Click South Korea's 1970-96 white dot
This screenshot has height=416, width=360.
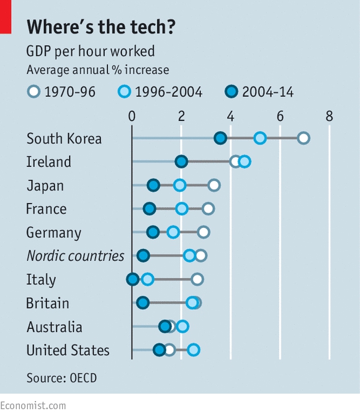(304, 138)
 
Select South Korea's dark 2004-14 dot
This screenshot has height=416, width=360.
(220, 138)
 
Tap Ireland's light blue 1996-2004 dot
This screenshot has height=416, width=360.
(245, 161)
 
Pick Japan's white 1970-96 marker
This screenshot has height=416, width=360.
(214, 185)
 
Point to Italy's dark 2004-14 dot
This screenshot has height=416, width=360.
(132, 279)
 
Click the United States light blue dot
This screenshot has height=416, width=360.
(194, 350)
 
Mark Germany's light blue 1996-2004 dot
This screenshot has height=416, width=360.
(173, 232)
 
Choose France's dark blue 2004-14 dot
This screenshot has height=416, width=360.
(150, 209)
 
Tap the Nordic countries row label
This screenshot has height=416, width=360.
(75, 256)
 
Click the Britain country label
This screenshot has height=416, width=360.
(48, 303)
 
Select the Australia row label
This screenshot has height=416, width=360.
(55, 327)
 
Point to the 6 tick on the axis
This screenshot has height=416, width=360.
(280, 116)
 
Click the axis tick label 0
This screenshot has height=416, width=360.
(132, 116)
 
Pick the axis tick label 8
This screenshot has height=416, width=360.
(329, 116)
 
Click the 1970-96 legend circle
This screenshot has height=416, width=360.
(34, 91)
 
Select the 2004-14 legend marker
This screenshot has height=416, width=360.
(231, 91)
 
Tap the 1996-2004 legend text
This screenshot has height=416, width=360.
(169, 92)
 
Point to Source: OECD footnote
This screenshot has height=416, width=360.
(61, 378)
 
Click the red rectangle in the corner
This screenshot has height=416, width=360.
(6, 17)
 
